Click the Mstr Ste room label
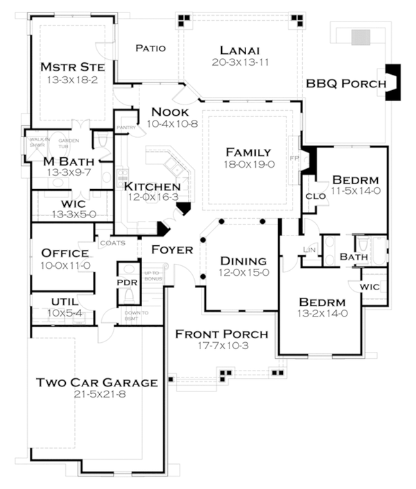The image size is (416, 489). click(x=72, y=67)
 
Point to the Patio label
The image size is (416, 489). click(x=150, y=48)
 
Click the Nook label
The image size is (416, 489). click(x=169, y=112)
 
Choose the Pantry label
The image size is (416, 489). click(x=125, y=127)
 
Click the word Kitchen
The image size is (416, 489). click(x=152, y=186)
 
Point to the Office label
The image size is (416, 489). click(x=64, y=253)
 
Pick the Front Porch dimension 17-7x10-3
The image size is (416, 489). click(x=222, y=346)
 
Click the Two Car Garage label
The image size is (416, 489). click(x=97, y=382)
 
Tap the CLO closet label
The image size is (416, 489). click(x=314, y=196)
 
